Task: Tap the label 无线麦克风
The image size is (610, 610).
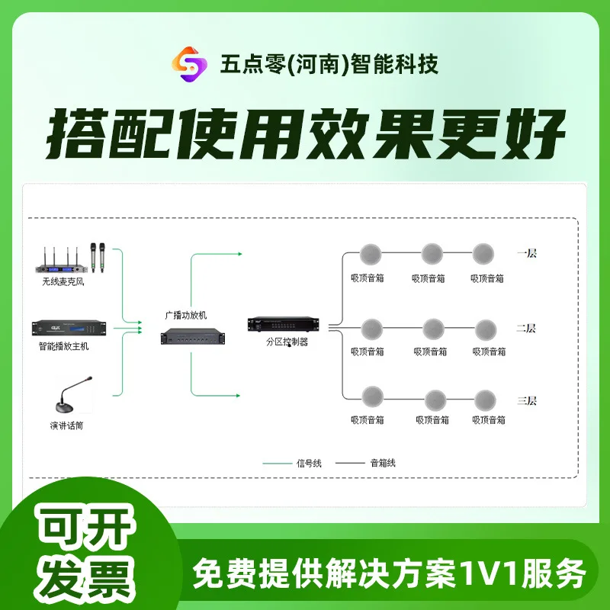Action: coord(66,282)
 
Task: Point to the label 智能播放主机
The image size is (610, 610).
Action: coord(64,346)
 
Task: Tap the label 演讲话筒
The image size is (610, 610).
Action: coord(64,425)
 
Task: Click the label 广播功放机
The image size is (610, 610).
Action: coord(186,314)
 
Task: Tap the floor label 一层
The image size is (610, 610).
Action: coord(527,253)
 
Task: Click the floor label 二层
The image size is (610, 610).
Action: coord(526,329)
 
